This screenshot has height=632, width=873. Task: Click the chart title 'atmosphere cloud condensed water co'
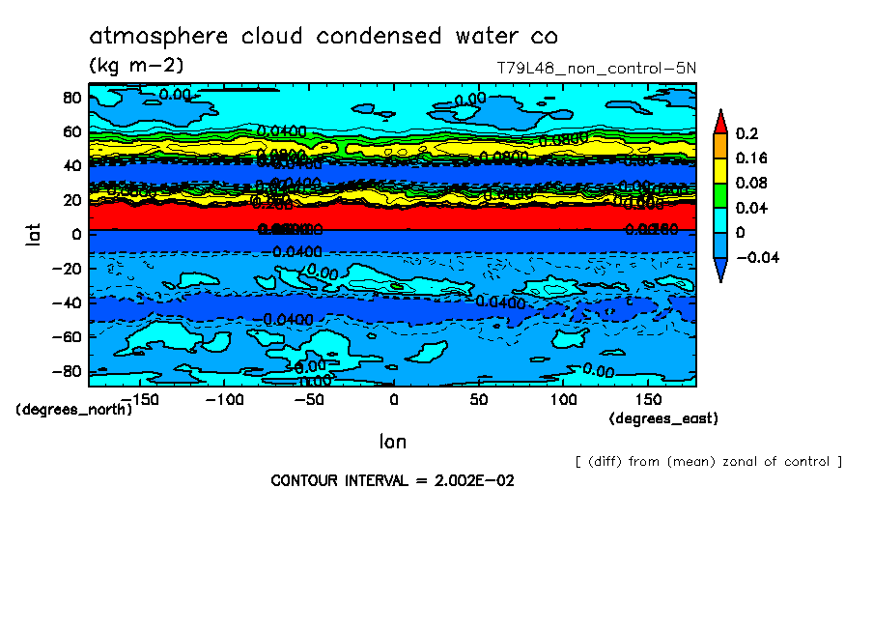coord(323,37)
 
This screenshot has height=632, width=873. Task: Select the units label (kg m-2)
coord(135,66)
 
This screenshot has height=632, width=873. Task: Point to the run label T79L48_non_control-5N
coord(594,68)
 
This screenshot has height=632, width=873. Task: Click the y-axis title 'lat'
coord(33,233)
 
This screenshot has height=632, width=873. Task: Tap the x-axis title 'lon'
coord(392,442)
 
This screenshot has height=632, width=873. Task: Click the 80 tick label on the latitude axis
coord(70,98)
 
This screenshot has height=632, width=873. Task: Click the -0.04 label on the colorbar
coord(756,258)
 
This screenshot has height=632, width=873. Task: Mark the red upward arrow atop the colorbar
coord(720,121)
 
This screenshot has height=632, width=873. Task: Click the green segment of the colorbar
coord(720,195)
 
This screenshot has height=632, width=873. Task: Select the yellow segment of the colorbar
coord(720,170)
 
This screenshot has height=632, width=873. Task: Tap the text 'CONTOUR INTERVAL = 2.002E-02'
coord(392,481)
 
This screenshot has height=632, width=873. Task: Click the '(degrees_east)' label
coord(663,418)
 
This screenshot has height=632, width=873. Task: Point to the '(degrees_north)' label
coord(74,409)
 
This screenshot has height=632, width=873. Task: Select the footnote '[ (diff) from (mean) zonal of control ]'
coord(708,462)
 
